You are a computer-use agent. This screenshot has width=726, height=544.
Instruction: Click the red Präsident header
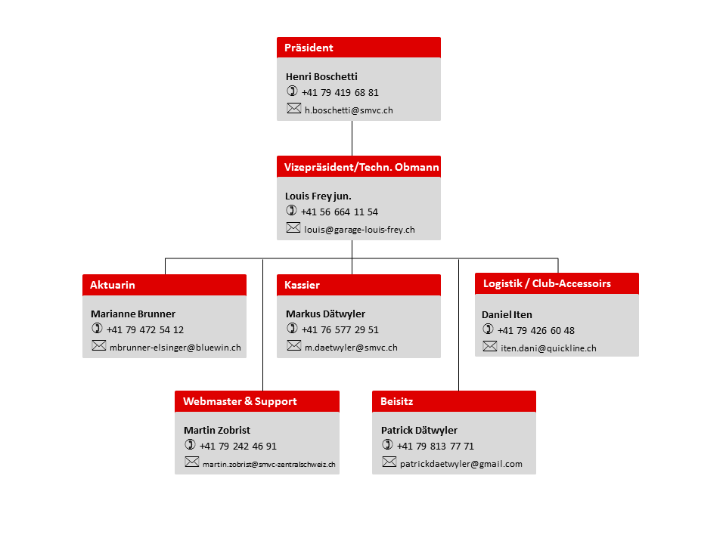(358, 47)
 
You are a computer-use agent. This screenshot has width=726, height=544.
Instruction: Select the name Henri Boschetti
(321, 76)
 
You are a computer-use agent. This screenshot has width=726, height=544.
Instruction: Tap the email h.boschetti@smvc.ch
(349, 110)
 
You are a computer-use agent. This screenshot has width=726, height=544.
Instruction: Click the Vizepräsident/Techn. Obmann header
(358, 166)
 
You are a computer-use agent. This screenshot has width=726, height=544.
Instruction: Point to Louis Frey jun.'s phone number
(340, 212)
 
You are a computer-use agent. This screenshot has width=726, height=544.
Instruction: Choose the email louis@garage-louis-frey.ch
(359, 230)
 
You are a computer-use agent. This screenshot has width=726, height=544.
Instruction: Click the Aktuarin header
(164, 285)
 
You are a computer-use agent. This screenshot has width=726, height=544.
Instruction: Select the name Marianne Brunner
(133, 314)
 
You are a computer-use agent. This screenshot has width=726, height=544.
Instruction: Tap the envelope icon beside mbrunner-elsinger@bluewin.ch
(98, 345)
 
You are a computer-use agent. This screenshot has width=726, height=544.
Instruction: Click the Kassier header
(358, 285)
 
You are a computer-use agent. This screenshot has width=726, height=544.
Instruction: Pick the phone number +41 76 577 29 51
(340, 330)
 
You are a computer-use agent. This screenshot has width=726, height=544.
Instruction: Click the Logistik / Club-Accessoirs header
(557, 283)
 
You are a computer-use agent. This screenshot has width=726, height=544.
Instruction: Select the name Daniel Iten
(507, 314)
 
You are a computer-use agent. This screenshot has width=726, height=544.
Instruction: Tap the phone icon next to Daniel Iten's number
(488, 329)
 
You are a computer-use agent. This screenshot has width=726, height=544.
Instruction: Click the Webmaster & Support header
(257, 401)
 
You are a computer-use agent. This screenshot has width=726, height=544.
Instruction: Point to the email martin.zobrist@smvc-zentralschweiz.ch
(269, 464)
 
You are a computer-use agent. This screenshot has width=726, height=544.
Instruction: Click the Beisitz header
(455, 401)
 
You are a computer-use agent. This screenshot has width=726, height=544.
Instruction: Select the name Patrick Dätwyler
(419, 430)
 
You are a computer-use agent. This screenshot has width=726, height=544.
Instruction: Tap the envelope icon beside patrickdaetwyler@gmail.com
(389, 462)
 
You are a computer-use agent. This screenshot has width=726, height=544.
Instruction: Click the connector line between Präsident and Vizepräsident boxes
(352, 138)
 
